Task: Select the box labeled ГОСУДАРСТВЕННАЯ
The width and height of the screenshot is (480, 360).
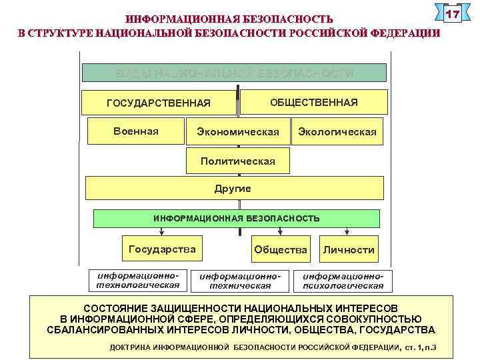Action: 159,103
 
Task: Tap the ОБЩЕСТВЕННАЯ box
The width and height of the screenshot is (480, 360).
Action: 313,102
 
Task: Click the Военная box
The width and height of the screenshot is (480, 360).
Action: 136,131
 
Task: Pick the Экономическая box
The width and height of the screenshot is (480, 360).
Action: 238,132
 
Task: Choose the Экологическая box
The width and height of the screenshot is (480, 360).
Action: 337,132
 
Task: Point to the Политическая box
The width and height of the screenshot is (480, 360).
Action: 238,161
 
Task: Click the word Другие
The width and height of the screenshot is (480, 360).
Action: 233,189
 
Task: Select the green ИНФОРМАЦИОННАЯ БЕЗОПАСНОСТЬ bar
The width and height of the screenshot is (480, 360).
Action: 237,218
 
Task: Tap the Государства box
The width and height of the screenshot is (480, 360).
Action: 162,249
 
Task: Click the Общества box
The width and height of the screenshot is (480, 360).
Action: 281,250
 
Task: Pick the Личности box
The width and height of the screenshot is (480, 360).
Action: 348,250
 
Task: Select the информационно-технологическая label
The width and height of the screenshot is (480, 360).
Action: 138,280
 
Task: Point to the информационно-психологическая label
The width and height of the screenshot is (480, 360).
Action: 343,281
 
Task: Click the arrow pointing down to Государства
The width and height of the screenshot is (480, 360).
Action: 161,231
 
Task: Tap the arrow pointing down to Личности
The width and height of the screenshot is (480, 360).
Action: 347,231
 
